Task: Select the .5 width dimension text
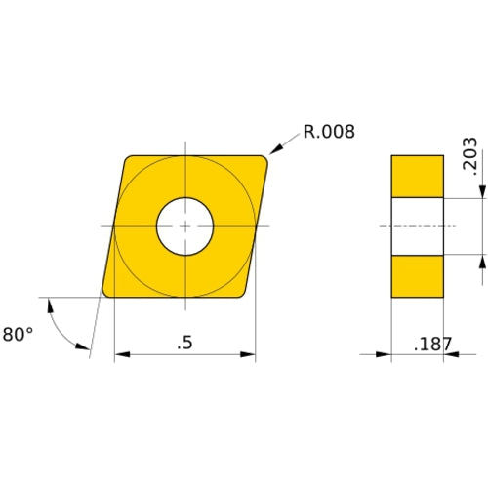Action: coord(183,343)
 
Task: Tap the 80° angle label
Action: coord(18,334)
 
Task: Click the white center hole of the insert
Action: coord(185,225)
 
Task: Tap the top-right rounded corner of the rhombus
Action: coord(264,159)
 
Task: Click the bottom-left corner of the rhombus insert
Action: coord(106,293)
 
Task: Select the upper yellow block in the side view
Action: coord(418,176)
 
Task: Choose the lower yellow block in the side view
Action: coord(418,276)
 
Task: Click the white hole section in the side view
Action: coord(418,226)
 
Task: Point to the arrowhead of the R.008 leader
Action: coord(273,150)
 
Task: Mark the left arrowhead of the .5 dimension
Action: coord(120,354)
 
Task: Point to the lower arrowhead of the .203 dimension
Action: coord(482,260)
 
